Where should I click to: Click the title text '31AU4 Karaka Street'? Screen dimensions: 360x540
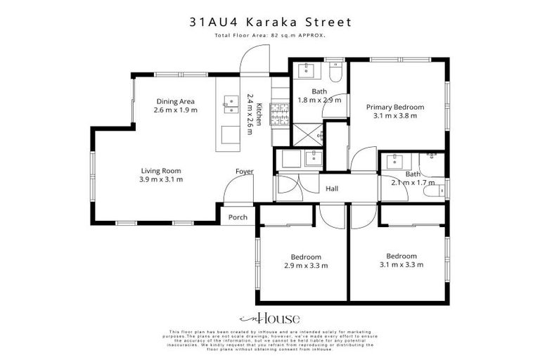270,22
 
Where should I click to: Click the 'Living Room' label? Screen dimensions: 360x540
162,170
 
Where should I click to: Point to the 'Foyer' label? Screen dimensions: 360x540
245,172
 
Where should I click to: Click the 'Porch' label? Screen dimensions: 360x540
238,217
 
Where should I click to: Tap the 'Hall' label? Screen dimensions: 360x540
333,188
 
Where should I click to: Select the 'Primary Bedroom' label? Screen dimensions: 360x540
395,107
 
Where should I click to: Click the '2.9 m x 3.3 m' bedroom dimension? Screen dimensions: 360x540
306,266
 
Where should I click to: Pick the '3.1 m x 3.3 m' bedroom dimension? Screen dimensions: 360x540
401,265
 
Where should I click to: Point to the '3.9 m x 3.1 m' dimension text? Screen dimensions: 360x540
162,179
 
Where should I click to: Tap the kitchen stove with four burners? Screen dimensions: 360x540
280,114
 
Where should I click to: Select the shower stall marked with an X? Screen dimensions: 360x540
309,131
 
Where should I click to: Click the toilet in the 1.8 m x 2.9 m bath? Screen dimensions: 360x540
335,73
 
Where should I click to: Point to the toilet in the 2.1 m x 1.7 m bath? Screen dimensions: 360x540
441,188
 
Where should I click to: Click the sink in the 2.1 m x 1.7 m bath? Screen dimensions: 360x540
395,160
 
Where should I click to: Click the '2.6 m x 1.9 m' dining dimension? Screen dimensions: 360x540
175,110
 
